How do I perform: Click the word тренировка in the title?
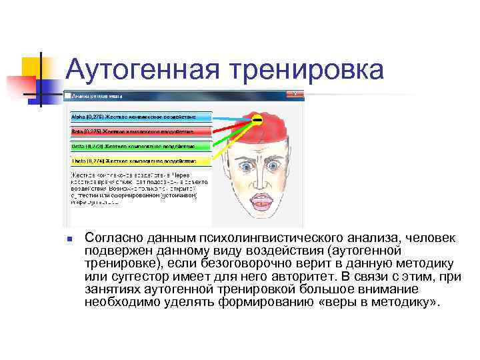306,70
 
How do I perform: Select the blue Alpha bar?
141,116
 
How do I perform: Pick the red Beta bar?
141,131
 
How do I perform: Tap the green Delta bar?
141,145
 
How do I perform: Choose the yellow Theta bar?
141,160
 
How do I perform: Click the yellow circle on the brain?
256,120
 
